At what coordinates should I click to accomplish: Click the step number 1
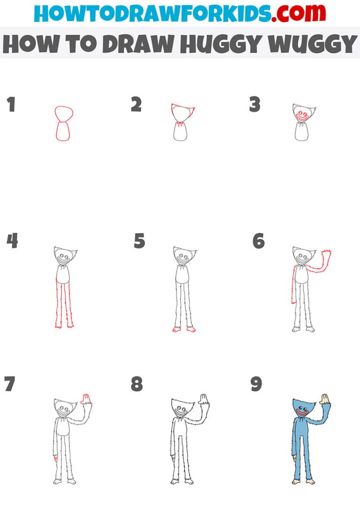click(x=11, y=105)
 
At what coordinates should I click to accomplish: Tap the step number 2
click(x=136, y=105)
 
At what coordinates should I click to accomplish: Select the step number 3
click(x=255, y=105)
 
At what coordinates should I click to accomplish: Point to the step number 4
click(x=12, y=241)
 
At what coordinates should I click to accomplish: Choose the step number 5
click(x=139, y=241)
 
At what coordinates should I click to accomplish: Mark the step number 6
click(x=258, y=241)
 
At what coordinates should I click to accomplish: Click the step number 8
click(x=136, y=384)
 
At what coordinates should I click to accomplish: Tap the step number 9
click(x=256, y=384)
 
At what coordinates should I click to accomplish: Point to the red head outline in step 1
click(x=64, y=114)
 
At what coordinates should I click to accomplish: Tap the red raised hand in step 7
click(x=86, y=399)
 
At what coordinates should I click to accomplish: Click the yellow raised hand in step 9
click(x=323, y=399)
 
